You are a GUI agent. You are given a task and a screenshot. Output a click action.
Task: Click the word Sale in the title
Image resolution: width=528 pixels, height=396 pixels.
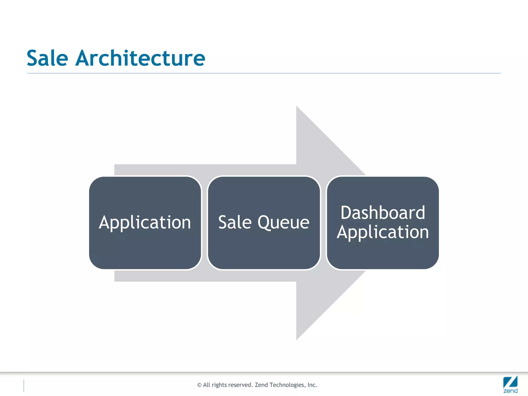pos(47,58)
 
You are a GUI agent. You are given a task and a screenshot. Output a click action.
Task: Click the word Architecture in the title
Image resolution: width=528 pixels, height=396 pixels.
pos(140,58)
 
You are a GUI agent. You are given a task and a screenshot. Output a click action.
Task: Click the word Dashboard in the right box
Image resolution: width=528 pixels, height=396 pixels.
pos(383,213)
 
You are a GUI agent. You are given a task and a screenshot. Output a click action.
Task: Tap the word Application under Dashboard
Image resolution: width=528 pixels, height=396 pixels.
pos(383,232)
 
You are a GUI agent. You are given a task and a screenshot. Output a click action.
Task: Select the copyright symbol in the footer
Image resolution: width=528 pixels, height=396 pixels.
pos(199,385)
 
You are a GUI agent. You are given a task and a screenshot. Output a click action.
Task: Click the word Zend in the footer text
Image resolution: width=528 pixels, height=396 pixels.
pos(261,385)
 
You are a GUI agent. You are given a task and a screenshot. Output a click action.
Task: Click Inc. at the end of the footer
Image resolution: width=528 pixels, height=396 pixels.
pos(312,385)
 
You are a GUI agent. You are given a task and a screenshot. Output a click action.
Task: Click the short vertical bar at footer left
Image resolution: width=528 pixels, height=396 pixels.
pos(24,385)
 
